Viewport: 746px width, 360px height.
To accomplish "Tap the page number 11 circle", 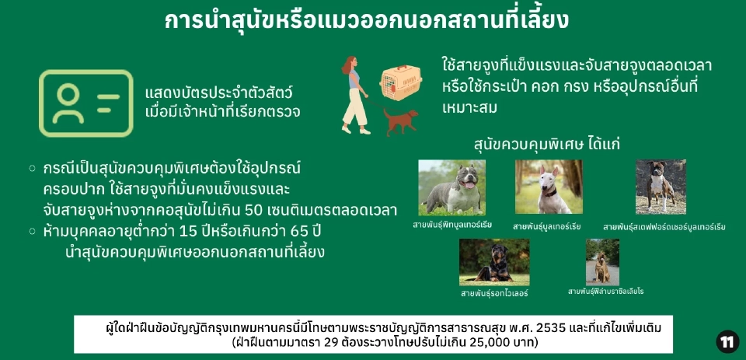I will point(727,341).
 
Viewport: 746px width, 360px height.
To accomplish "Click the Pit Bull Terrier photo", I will point(451,187).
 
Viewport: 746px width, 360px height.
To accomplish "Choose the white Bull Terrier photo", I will point(549,187).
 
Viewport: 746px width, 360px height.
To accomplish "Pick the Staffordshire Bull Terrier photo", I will point(661,187).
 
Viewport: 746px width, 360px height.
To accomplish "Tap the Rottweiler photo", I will point(494,262).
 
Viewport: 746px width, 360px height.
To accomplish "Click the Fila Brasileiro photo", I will point(602,262).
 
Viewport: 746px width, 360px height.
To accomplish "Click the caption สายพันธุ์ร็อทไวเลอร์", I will point(494,293).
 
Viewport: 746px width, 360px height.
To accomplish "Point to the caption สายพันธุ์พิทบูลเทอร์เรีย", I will point(452,225).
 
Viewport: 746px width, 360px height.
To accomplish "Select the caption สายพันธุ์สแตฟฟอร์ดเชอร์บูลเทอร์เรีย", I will point(664,227).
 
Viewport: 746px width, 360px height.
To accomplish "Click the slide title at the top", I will point(366,20).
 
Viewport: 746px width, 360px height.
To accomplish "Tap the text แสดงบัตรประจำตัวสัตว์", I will point(218,93).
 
